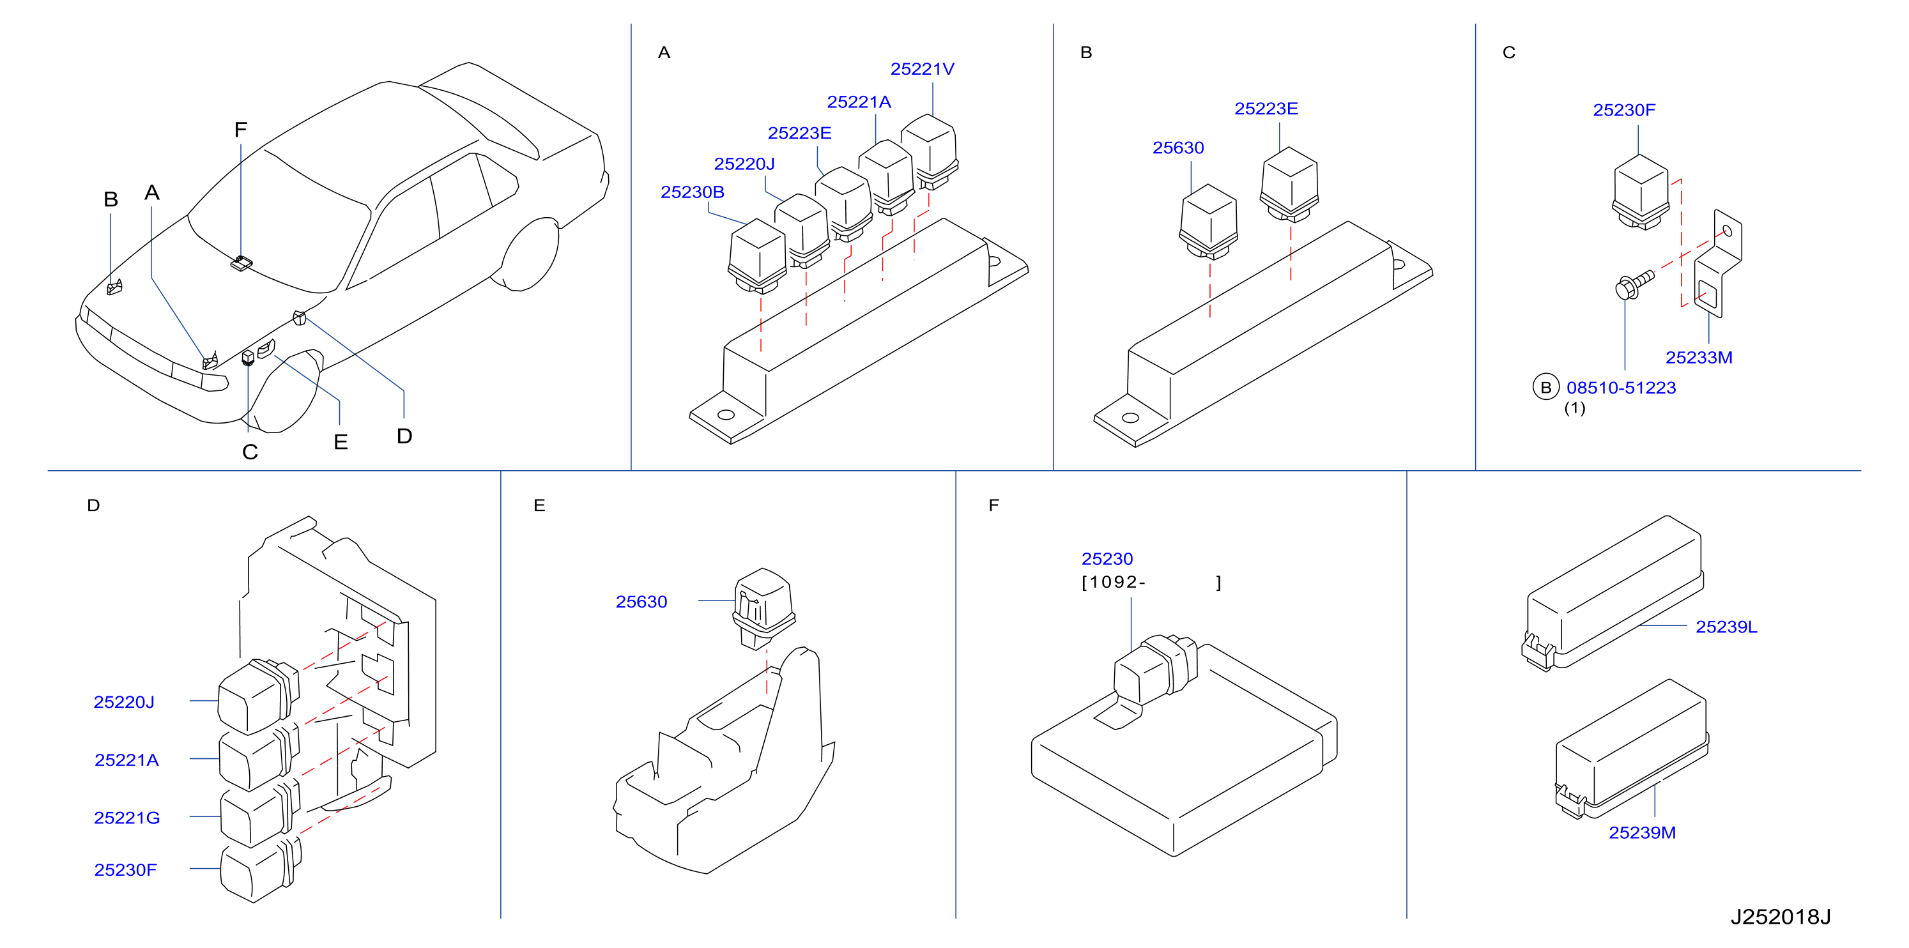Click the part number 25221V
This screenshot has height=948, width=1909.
[922, 69]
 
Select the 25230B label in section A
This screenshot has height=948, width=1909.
[692, 192]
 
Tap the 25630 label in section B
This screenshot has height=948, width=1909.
[1177, 148]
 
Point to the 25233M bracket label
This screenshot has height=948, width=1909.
[1699, 357]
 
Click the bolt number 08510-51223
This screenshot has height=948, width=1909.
[1621, 388]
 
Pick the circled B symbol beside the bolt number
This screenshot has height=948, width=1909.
[1546, 387]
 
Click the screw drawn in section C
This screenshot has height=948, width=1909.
[1634, 284]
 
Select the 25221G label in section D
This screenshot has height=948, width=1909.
[126, 818]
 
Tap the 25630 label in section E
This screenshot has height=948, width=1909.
[641, 602]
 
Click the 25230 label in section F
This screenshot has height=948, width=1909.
[1107, 559]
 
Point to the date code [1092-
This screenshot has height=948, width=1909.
[1114, 582]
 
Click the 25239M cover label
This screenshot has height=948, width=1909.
[1642, 832]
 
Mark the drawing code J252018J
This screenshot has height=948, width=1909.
[1780, 917]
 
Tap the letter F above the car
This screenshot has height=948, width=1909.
[240, 130]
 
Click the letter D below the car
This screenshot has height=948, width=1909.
[404, 436]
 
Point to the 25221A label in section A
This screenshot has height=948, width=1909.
[859, 102]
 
